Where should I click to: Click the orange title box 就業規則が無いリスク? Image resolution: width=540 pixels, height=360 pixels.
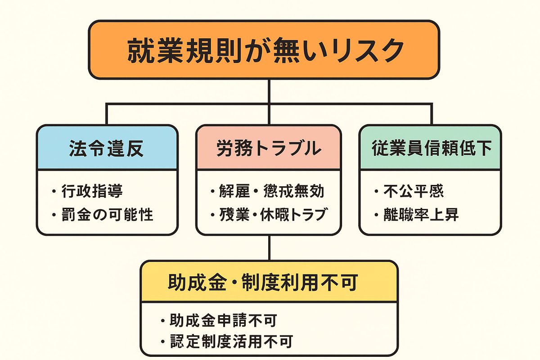[x=263, y=49]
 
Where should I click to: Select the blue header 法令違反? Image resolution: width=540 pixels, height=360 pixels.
[x=107, y=148]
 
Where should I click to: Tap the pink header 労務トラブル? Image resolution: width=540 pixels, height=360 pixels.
[x=269, y=148]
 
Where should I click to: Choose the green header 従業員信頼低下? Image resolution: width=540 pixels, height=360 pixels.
[x=431, y=148]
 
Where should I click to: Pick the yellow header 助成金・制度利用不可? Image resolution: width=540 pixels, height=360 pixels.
[x=269, y=282]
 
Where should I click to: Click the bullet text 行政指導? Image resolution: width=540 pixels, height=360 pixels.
[x=93, y=192]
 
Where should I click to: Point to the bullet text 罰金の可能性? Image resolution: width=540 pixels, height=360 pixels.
[x=108, y=214]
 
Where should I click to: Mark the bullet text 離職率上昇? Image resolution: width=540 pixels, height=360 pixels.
[x=421, y=215]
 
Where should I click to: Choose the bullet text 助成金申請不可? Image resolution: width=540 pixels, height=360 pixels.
[x=223, y=320]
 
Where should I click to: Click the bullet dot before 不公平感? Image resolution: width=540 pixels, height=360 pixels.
[x=376, y=193]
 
